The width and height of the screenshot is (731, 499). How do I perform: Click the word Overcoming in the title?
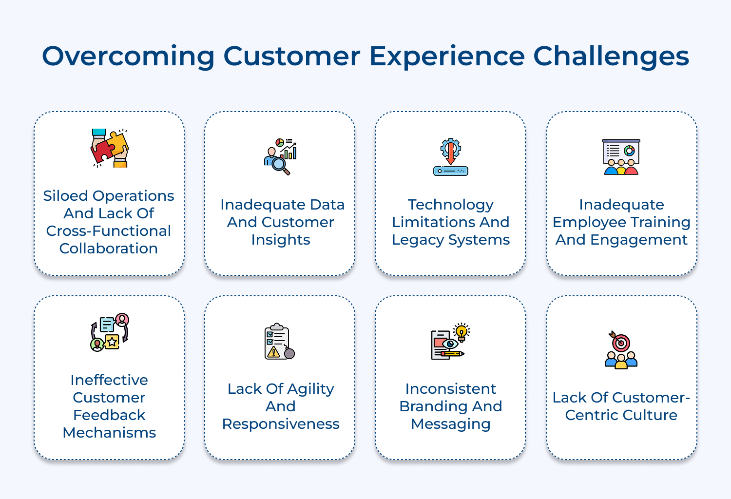[x=128, y=56]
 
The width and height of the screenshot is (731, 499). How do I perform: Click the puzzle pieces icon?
[x=110, y=148]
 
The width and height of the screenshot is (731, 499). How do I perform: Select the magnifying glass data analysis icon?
[x=280, y=156]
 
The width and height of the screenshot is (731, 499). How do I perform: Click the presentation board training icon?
[x=621, y=157]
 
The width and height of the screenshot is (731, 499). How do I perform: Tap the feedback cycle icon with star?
[x=110, y=332]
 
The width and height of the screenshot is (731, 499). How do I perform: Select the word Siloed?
[x=65, y=196]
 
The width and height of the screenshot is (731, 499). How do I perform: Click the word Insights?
[x=281, y=240]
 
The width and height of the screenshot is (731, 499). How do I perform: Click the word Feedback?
[x=109, y=415]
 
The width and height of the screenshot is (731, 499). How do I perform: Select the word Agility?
[x=311, y=389]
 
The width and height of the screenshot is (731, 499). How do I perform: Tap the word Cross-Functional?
[x=108, y=231]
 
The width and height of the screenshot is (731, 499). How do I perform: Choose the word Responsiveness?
[x=281, y=424]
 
